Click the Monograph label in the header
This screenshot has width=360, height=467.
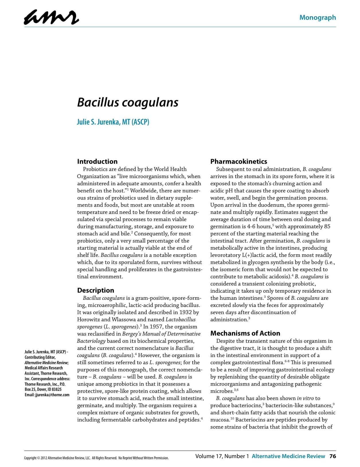pyautogui.click(x=318, y=17)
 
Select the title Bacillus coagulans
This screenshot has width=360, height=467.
pyautogui.click(x=128, y=102)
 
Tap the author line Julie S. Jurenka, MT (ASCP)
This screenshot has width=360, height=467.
pyautogui.click(x=113, y=122)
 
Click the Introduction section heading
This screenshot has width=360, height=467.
pyautogui.click(x=97, y=161)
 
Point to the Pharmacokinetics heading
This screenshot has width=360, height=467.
pyautogui.click(x=238, y=161)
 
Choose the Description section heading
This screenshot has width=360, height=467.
pyautogui.click(x=95, y=290)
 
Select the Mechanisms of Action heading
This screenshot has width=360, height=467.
pyautogui.click(x=245, y=333)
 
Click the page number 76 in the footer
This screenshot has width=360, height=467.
pyautogui.click(x=332, y=456)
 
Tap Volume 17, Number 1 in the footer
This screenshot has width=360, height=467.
pyautogui.click(x=222, y=456)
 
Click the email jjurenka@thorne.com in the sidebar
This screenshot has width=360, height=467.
pyautogui.click(x=52, y=395)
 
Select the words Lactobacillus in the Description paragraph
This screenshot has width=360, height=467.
pyautogui.click(x=181, y=320)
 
